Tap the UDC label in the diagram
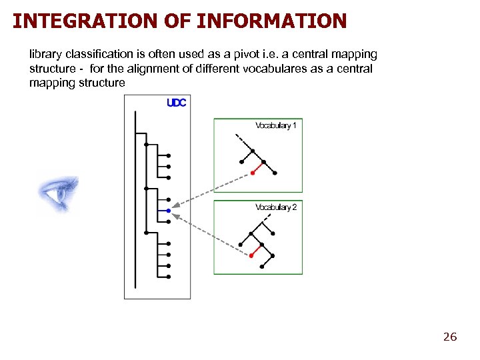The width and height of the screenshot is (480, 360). coord(176,103)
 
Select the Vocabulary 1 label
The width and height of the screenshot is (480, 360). coord(276,125)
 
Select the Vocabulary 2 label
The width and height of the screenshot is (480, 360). coord(276,207)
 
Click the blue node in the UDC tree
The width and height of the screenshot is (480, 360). coord(169,211)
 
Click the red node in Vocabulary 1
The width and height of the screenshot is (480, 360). coord(252,173)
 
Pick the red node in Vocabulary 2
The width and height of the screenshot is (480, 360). coord(251,255)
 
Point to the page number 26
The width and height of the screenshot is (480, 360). coord(450,337)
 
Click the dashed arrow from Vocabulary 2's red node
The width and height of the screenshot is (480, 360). coord(210,233)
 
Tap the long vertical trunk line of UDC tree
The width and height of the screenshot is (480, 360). coord(135,200)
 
